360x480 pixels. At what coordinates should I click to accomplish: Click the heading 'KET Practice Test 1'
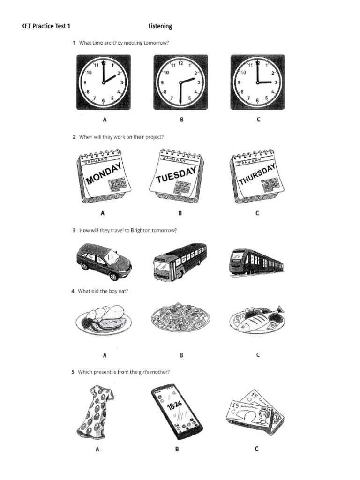(x=46, y=26)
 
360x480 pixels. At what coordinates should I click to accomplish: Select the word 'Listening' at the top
(x=160, y=26)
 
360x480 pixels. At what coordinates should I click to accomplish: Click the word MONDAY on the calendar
(x=104, y=174)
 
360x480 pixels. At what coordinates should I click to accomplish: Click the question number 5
(x=73, y=372)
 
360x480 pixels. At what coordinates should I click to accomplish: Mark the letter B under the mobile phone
(x=177, y=449)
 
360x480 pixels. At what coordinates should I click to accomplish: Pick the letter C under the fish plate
(x=257, y=355)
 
